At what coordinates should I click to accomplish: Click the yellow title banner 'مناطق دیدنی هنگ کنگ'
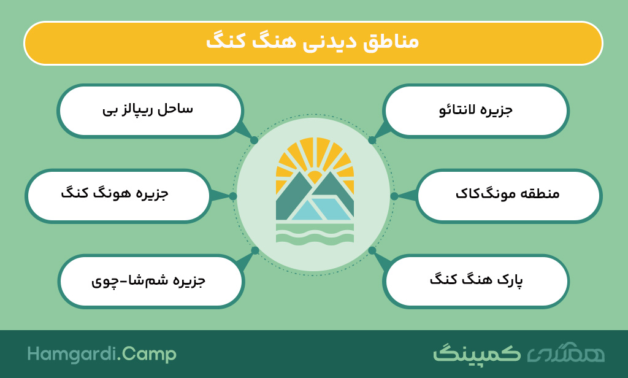point(313,43)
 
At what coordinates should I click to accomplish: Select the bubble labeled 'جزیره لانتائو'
point(476,110)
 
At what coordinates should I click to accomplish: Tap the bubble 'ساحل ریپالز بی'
point(150,110)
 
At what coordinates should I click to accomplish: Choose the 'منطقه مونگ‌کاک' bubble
point(508,196)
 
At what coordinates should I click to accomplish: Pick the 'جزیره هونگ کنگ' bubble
point(118,196)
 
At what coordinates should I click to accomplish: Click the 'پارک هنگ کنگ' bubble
point(476,281)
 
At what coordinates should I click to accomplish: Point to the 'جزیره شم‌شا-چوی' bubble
point(151,281)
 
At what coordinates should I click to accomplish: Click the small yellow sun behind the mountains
point(315,176)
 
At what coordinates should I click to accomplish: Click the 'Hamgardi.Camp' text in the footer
point(102,354)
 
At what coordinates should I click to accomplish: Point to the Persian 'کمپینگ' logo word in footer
point(477,353)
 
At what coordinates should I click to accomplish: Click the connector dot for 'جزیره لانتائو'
point(372,140)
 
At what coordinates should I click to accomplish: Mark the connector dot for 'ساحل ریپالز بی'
point(254,140)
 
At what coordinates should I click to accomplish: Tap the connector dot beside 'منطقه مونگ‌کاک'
point(394,196)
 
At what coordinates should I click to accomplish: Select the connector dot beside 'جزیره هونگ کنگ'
point(233,196)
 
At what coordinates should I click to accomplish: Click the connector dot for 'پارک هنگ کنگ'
point(372,250)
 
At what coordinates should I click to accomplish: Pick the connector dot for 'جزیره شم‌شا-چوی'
point(255,250)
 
